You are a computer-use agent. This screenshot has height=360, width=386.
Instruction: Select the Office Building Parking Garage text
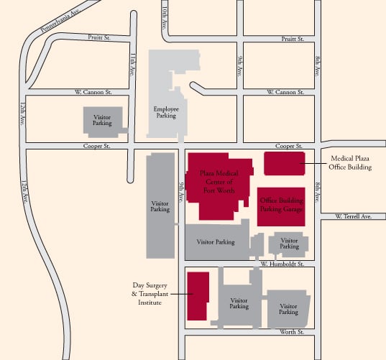[x=282, y=205]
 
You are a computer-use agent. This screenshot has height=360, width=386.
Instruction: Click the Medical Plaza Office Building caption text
[x=351, y=163]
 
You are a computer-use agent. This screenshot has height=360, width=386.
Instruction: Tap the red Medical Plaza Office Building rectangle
[x=284, y=164]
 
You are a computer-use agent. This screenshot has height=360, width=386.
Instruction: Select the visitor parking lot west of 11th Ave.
[x=101, y=120]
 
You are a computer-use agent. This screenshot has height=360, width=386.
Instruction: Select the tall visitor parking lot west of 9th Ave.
[x=160, y=206]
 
